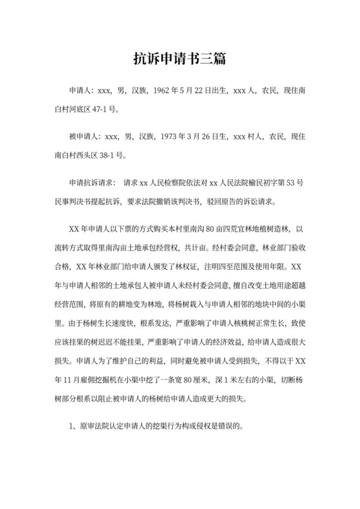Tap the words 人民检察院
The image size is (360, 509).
coord(169,183)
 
